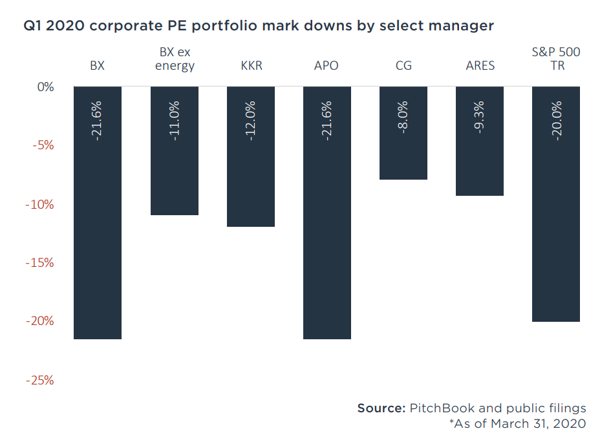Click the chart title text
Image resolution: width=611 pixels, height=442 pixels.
[259, 26]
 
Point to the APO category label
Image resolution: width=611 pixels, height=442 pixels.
[327, 66]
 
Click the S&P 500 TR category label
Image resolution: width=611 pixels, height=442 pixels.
[556, 59]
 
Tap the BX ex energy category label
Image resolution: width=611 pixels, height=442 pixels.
[175, 59]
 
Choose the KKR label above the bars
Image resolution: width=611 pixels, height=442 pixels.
[251, 66]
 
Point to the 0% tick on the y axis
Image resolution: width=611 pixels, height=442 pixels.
[45, 87]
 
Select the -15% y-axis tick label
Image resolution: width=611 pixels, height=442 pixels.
[41, 263]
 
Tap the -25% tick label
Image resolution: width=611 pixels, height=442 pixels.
[40, 380]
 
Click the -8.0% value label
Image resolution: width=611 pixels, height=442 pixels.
[403, 116]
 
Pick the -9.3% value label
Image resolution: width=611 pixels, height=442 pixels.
[480, 116]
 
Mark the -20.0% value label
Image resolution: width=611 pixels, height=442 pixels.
[556, 120]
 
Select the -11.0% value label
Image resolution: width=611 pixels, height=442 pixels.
[175, 120]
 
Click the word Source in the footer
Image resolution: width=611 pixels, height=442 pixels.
[381, 408]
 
